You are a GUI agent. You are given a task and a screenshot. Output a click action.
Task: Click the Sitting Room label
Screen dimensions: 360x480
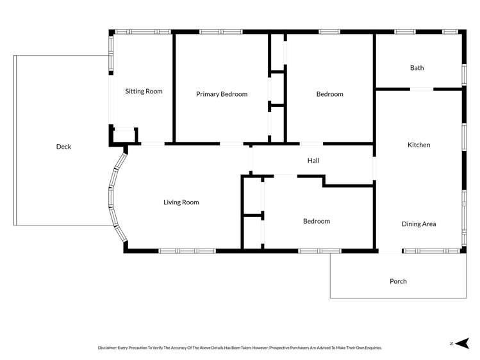144,91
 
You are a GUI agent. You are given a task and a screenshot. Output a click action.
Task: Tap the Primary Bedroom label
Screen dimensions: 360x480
221,94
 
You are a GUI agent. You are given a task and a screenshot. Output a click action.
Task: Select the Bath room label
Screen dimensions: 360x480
417,67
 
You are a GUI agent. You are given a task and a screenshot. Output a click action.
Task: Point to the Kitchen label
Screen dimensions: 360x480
418,145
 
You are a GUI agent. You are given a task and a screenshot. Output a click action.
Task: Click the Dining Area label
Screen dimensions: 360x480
418,224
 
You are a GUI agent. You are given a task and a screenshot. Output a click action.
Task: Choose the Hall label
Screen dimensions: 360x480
313,161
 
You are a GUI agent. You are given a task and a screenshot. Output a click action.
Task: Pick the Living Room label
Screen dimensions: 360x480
181,202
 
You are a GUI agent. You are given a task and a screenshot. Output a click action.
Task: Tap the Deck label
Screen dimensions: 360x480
63,147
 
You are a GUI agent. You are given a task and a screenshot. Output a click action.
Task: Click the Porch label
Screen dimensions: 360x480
398,281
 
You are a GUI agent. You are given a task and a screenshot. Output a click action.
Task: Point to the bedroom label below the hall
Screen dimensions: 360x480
316,221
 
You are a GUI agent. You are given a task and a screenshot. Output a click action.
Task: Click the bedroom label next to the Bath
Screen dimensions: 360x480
329,94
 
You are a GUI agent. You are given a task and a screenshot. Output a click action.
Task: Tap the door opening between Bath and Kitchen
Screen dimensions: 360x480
423,89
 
